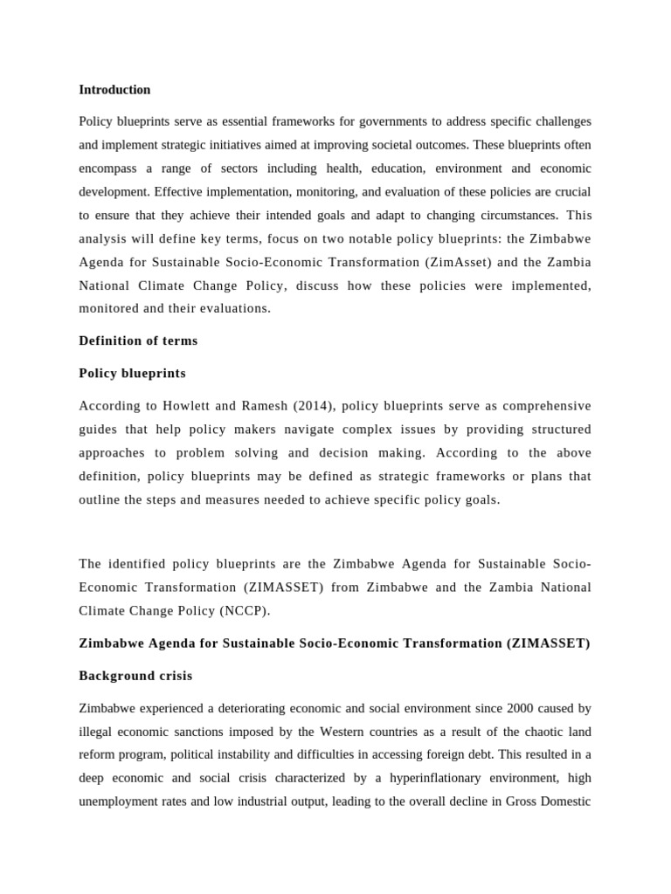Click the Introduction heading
coord(114,90)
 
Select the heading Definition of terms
coord(138,340)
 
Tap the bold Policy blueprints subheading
coord(132,373)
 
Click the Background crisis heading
coord(135,676)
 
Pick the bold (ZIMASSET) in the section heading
coord(548,643)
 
